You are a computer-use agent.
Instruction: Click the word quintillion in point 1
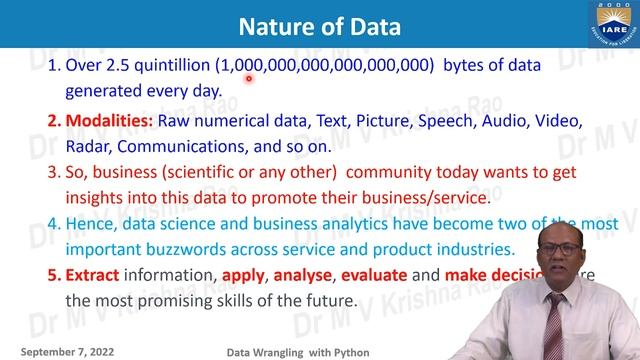[x=168, y=66]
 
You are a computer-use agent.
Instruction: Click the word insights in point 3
[x=96, y=197]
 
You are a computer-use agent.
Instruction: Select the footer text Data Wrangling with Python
[x=289, y=351]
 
